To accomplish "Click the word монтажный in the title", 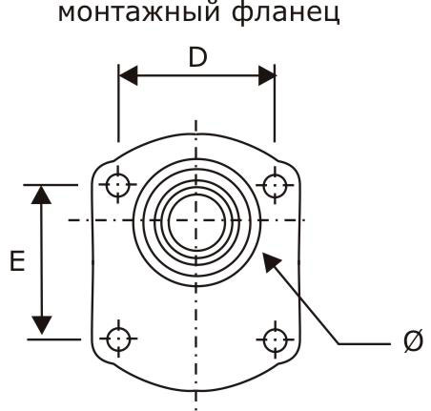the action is point(138,12).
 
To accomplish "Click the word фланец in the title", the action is point(285,12).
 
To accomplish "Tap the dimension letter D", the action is point(197,57).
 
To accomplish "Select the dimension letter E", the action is point(17,260).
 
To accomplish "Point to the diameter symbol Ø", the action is point(413,340).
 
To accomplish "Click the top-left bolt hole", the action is point(118,185).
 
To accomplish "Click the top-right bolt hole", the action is point(275,185).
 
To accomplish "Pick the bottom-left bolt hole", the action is point(118,339).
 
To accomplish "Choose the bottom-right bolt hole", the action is point(276,339).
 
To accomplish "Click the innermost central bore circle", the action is point(169,220).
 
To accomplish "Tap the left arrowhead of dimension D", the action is point(128,75).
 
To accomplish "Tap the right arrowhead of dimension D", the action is point(266,75).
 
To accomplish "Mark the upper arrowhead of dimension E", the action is point(41,195).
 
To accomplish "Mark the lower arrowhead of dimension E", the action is point(42,325).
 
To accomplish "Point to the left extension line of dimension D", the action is point(118,103).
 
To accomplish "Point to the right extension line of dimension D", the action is point(275,103).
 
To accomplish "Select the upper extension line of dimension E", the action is point(51,185).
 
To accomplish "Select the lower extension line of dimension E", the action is point(54,339).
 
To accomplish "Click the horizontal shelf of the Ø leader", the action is point(364,343).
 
